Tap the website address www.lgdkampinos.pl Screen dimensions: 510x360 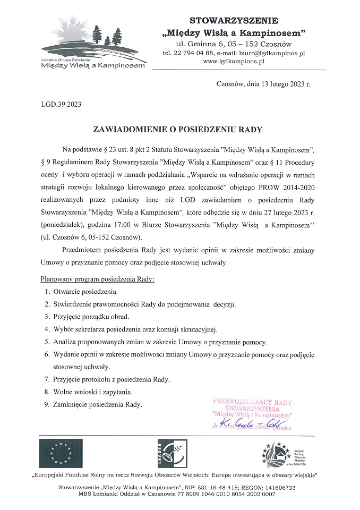pos(234,62)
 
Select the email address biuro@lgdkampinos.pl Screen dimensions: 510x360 pos(273,53)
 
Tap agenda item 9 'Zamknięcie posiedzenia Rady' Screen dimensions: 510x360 pos(98,405)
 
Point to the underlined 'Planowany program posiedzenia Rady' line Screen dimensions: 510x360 pos(97,279)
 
